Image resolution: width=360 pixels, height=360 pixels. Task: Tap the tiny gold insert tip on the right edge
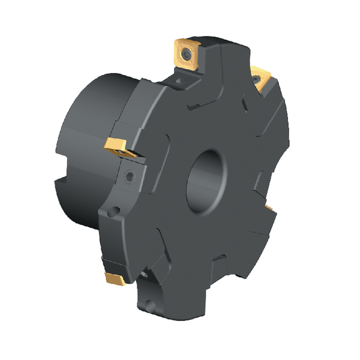(x=269, y=208)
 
